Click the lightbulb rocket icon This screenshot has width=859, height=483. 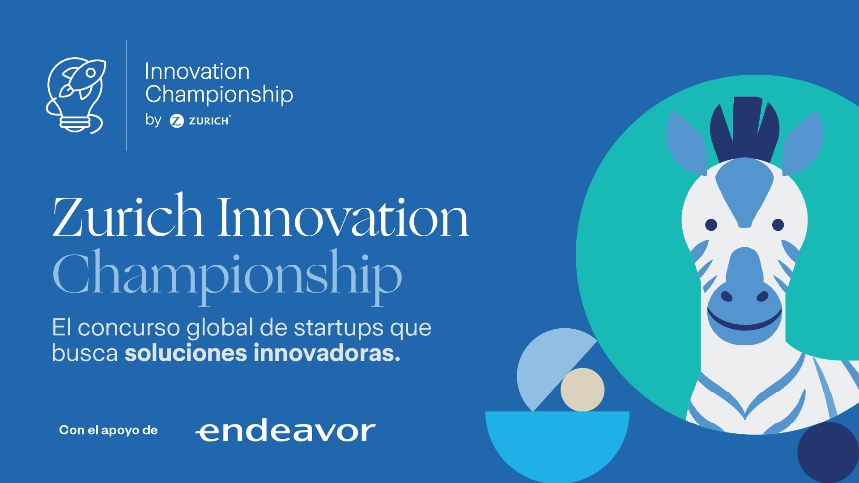76,95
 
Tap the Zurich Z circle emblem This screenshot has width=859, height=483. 177,121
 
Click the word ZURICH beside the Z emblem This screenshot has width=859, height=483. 209,121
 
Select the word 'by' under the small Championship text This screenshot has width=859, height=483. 153,120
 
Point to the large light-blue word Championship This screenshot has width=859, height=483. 227,274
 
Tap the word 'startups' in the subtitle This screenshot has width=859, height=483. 339,327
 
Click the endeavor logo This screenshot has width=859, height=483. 285,430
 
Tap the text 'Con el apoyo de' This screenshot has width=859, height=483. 108,430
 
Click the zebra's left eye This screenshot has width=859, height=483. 711,225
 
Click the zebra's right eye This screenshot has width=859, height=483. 778,225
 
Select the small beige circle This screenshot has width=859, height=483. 583,390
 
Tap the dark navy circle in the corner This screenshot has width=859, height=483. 828,452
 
